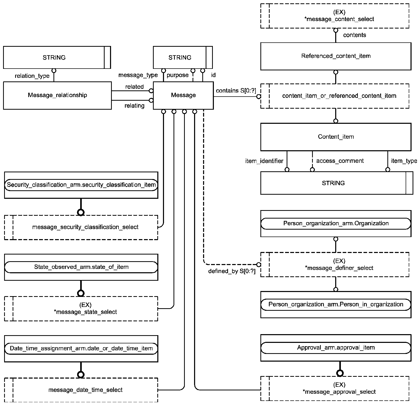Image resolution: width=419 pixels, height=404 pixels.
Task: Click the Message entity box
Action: tap(183, 95)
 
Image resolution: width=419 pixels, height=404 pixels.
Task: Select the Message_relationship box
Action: tap(57, 95)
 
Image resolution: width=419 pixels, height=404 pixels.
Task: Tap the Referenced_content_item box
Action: tap(336, 56)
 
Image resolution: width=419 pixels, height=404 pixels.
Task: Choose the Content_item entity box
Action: tap(336, 137)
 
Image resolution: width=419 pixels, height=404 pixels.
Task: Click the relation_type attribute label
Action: tap(32, 76)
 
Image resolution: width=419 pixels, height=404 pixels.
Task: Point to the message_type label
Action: tap(138, 75)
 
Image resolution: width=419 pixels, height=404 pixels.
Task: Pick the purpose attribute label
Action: tap(178, 75)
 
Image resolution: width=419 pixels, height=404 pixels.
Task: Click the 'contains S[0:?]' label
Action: tap(236, 91)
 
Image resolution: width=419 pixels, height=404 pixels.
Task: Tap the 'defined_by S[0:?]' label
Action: tap(232, 271)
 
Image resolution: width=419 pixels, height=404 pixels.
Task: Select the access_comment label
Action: tap(340, 161)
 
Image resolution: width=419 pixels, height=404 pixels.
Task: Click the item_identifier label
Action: tap(264, 161)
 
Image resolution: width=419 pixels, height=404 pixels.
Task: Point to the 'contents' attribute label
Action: tap(354, 35)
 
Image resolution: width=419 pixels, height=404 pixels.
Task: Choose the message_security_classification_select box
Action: tap(81, 227)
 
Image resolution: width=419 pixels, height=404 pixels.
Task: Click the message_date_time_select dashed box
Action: tap(81, 390)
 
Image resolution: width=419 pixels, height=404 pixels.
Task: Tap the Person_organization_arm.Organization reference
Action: tap(336, 223)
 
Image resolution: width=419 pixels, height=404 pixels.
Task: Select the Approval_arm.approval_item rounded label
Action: tap(336, 348)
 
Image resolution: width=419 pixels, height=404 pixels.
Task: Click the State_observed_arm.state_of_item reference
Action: tap(81, 267)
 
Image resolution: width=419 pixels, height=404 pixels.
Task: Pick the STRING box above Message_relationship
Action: tap(57, 58)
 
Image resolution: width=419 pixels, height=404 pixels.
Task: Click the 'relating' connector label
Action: tap(134, 106)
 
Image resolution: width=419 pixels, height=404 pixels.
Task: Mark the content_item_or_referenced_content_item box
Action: tap(335, 96)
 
